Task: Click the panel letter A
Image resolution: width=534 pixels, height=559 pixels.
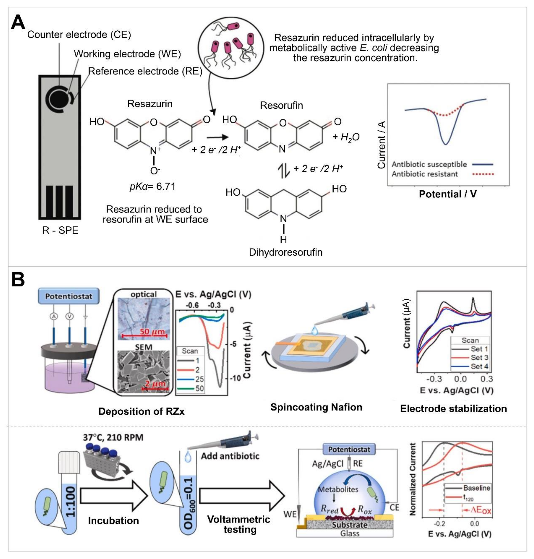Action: (x=18, y=23)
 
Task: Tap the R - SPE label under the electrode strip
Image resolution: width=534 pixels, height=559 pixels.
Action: (x=60, y=230)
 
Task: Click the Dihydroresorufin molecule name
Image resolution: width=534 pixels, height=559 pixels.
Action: (x=286, y=252)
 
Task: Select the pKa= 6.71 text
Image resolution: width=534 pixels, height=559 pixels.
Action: (x=153, y=187)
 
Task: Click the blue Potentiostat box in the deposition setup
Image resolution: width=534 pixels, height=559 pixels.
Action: (x=69, y=296)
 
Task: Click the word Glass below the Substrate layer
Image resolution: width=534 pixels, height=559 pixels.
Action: (x=349, y=533)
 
